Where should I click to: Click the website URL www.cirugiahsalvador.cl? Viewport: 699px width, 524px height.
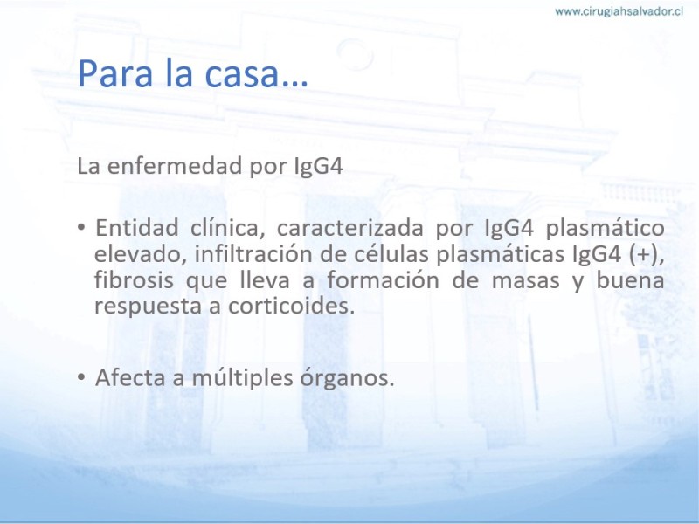619,11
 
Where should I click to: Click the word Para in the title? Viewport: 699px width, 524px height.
115,73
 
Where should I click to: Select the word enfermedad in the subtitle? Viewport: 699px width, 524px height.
175,165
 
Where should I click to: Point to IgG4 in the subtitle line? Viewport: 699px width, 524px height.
318,166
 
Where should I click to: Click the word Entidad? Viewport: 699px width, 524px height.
137,228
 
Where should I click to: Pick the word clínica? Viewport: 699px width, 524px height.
225,228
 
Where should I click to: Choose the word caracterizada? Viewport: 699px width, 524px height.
350,228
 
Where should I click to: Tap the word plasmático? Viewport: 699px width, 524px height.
605,229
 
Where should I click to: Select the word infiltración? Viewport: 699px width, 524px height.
253,254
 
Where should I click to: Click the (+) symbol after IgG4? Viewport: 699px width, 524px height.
646,255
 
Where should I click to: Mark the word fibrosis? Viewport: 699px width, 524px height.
134,280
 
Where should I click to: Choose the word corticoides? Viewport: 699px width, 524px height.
291,307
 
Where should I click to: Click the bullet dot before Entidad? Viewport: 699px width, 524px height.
80,227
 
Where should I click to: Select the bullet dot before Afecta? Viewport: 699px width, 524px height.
80,377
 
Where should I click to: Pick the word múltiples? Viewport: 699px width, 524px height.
243,378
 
